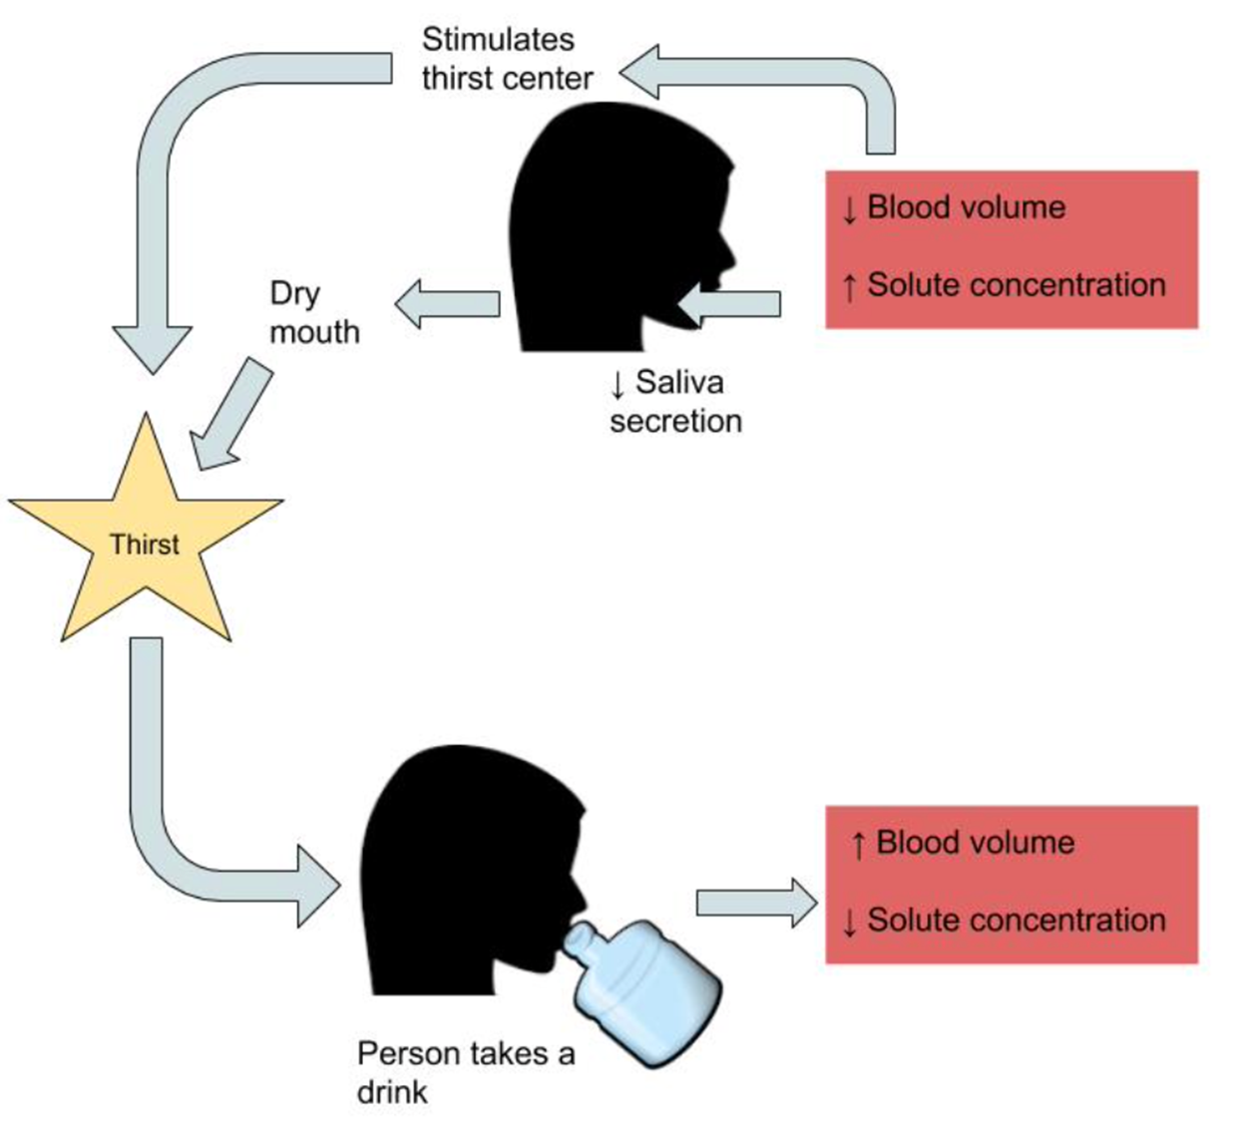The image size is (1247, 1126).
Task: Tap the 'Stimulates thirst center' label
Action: [x=506, y=59]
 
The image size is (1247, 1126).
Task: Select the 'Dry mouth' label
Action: [x=313, y=312]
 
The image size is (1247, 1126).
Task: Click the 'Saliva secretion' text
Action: [x=675, y=402]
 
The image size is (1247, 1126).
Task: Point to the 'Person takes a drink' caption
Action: [x=465, y=1071]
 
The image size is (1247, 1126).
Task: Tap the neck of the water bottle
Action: [x=584, y=941]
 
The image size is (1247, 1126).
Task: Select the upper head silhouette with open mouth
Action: [x=609, y=229]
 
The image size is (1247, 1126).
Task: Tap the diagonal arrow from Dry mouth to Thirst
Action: [x=232, y=415]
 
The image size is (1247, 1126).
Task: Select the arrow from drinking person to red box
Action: [x=756, y=903]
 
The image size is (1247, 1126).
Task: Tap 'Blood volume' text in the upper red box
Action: [x=965, y=207]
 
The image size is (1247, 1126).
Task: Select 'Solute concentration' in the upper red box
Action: [x=1015, y=285]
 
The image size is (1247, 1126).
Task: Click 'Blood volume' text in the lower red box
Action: [x=974, y=843]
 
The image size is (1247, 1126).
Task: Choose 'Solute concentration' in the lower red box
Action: [x=1015, y=920]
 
